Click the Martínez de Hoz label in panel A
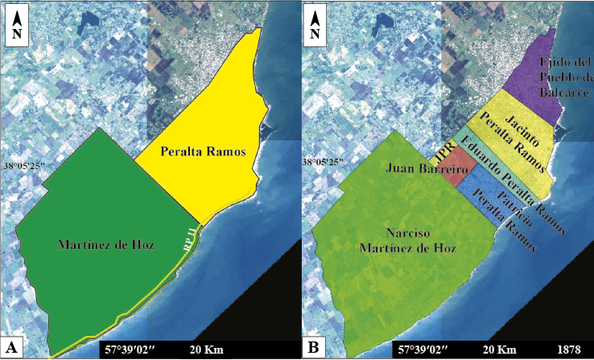pos(101,244)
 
